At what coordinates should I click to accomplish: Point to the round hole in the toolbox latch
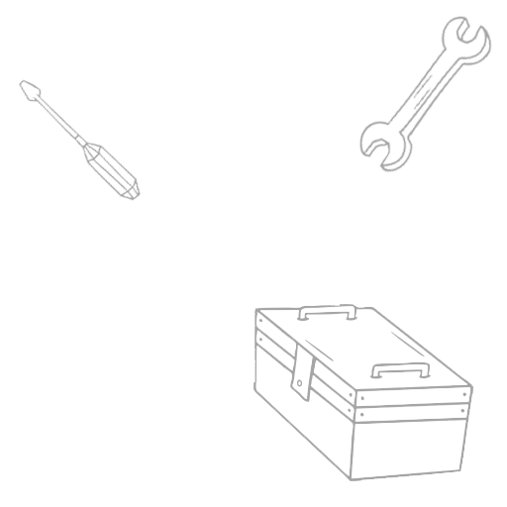pyautogui.click(x=298, y=384)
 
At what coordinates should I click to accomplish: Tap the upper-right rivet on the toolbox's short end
pyautogui.click(x=463, y=395)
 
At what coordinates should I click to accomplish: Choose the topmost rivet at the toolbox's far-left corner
pyautogui.click(x=258, y=321)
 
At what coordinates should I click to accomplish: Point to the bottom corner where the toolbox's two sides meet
pyautogui.click(x=354, y=476)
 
